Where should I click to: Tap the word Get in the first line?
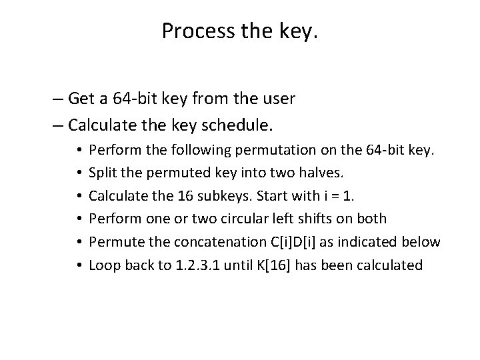(82, 99)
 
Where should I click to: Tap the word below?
(421, 242)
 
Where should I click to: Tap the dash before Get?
(57, 99)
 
